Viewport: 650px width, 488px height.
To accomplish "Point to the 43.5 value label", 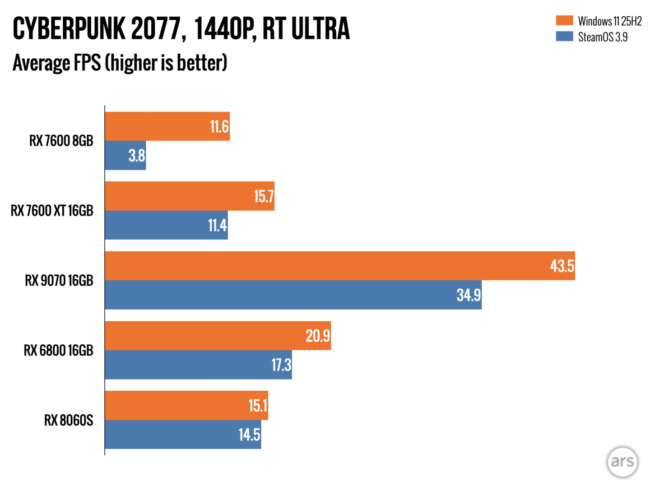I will tap(562, 266).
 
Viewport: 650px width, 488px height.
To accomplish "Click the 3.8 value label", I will tap(137, 156).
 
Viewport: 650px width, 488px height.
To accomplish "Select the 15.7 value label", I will tap(264, 197).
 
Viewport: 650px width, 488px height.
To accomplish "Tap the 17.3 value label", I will tap(281, 365).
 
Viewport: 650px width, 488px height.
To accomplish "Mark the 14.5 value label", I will tap(249, 435).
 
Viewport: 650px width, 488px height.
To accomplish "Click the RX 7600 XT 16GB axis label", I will tap(52, 211).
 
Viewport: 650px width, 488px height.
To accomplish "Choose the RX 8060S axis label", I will tap(69, 420).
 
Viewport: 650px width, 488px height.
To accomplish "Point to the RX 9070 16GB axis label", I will tap(59, 281).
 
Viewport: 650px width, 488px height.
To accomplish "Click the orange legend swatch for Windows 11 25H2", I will tap(564, 20).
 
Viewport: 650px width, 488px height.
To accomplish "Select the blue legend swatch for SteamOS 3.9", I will tap(564, 36).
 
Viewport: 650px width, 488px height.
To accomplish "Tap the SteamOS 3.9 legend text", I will tap(603, 37).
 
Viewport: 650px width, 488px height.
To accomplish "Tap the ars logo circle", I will tap(622, 462).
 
